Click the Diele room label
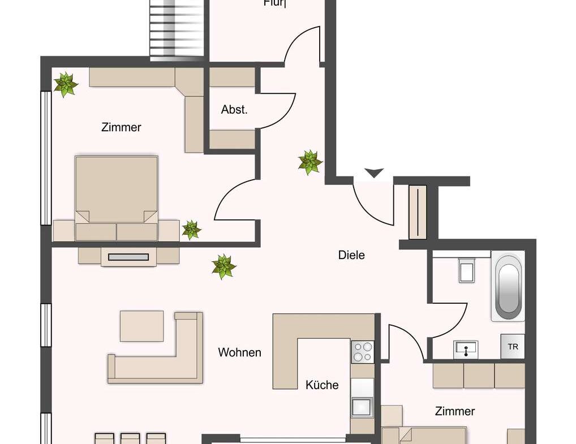(351, 255)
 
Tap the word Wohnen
(240, 352)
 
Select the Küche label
(322, 385)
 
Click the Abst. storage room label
(234, 110)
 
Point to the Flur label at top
(275, 3)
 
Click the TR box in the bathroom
(513, 347)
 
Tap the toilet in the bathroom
(467, 270)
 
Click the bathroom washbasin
(466, 350)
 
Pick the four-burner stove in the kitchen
(362, 352)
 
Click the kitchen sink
(362, 406)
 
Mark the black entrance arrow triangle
(373, 173)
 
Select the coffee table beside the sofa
(141, 326)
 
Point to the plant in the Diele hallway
(310, 162)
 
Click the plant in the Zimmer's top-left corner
(66, 84)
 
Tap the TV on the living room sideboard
(128, 257)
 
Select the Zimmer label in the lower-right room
(455, 411)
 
